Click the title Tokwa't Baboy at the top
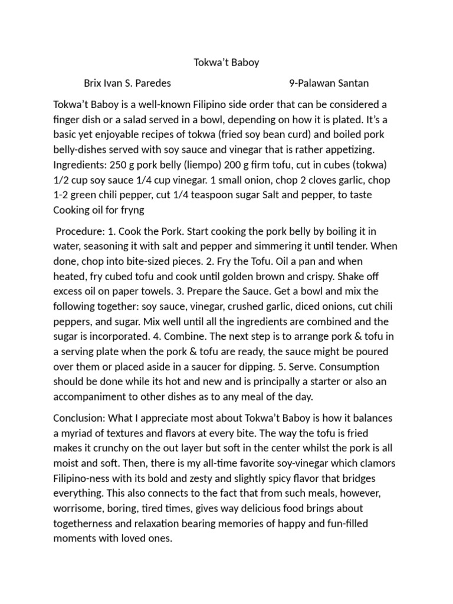point(226,63)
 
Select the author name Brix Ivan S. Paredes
point(127,84)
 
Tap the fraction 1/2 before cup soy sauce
point(62,179)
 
